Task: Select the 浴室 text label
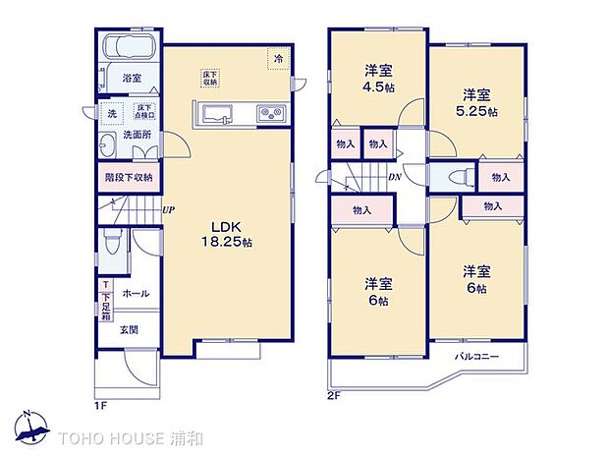132,77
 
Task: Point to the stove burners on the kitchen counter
270,115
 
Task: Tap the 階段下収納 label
129,178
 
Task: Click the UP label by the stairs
168,208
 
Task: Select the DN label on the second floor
395,178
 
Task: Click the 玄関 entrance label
129,330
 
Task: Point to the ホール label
136,294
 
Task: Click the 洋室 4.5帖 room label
378,78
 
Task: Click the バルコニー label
476,356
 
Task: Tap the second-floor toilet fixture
455,179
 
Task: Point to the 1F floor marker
100,404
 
